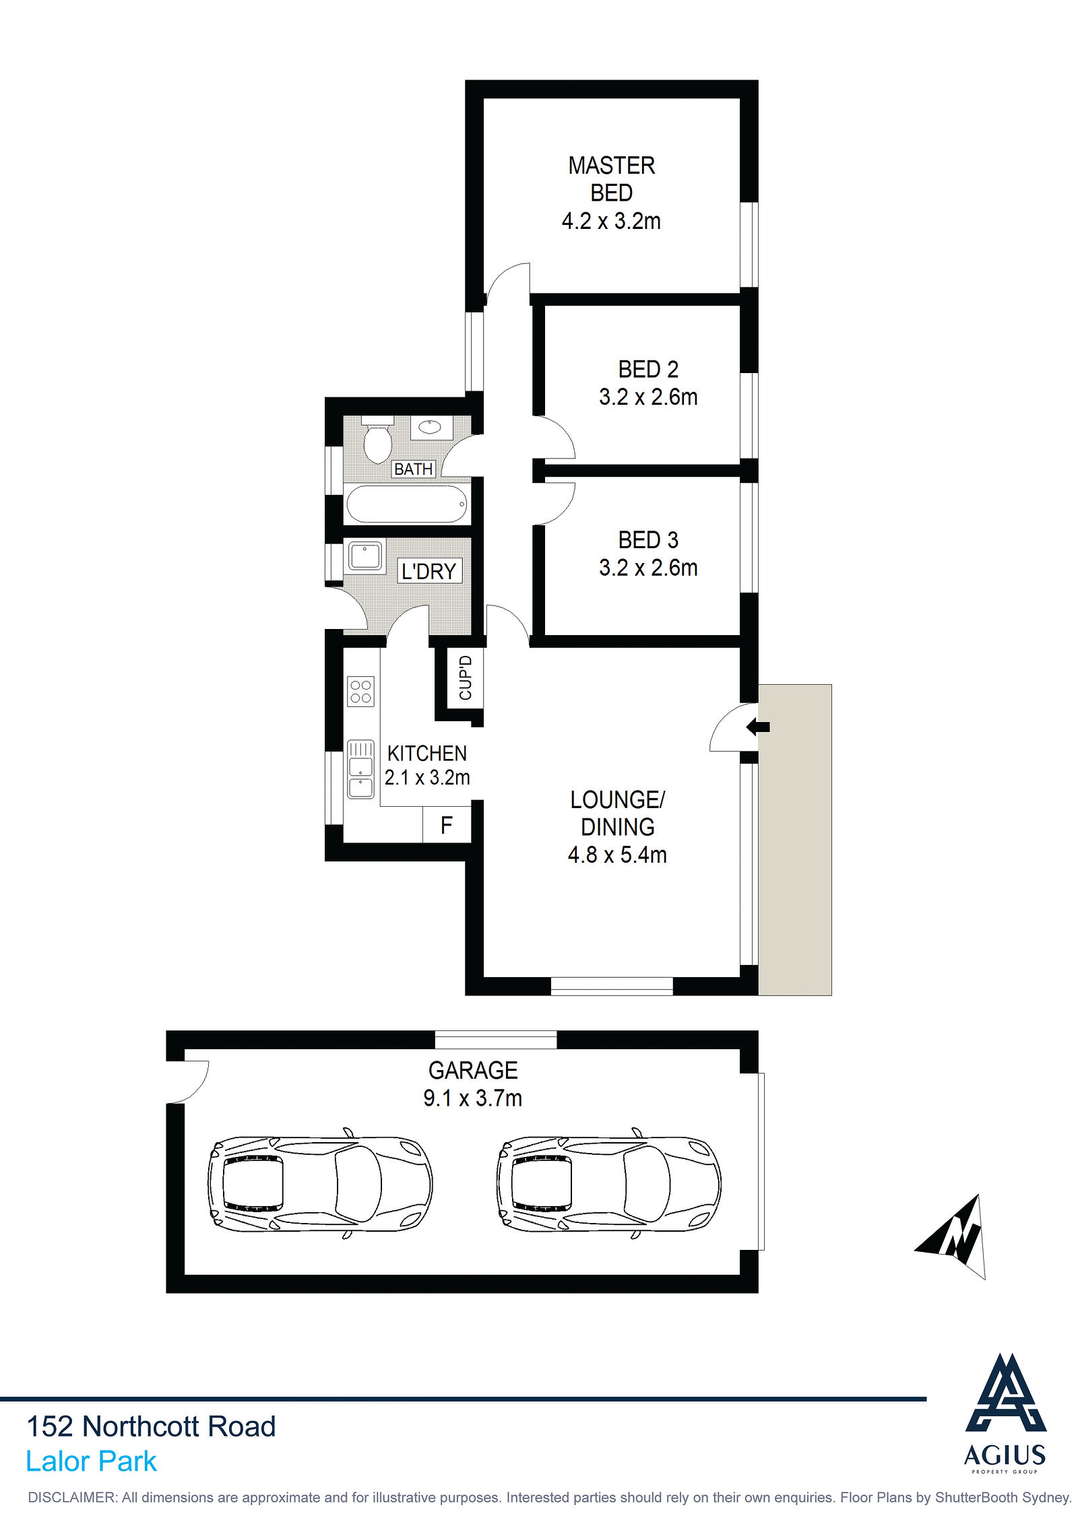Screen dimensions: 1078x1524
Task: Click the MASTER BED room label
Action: click(x=611, y=179)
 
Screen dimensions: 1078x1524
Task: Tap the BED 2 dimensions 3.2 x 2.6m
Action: click(x=648, y=397)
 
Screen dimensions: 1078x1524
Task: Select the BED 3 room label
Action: click(x=648, y=539)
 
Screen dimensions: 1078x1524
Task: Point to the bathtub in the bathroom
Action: click(x=406, y=504)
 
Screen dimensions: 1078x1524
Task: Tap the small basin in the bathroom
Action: click(x=430, y=427)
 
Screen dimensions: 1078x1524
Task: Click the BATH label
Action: click(x=413, y=469)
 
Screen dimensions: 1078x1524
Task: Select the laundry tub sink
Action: click(x=365, y=556)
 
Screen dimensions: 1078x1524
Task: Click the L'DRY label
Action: click(x=429, y=571)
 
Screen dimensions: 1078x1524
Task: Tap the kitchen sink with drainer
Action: click(x=360, y=769)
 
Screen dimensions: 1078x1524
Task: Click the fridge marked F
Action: click(x=446, y=825)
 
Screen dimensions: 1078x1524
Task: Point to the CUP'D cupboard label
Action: click(x=466, y=677)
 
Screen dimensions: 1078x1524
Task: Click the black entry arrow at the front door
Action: click(x=758, y=727)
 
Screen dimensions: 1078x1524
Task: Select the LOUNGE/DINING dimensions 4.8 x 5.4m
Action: click(x=617, y=855)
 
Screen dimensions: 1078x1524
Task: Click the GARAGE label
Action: click(x=473, y=1070)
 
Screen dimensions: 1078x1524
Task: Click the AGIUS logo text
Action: click(x=1005, y=1455)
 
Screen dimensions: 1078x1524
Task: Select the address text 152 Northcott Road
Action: click(x=151, y=1426)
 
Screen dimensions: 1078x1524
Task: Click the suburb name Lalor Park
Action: click(x=91, y=1461)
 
